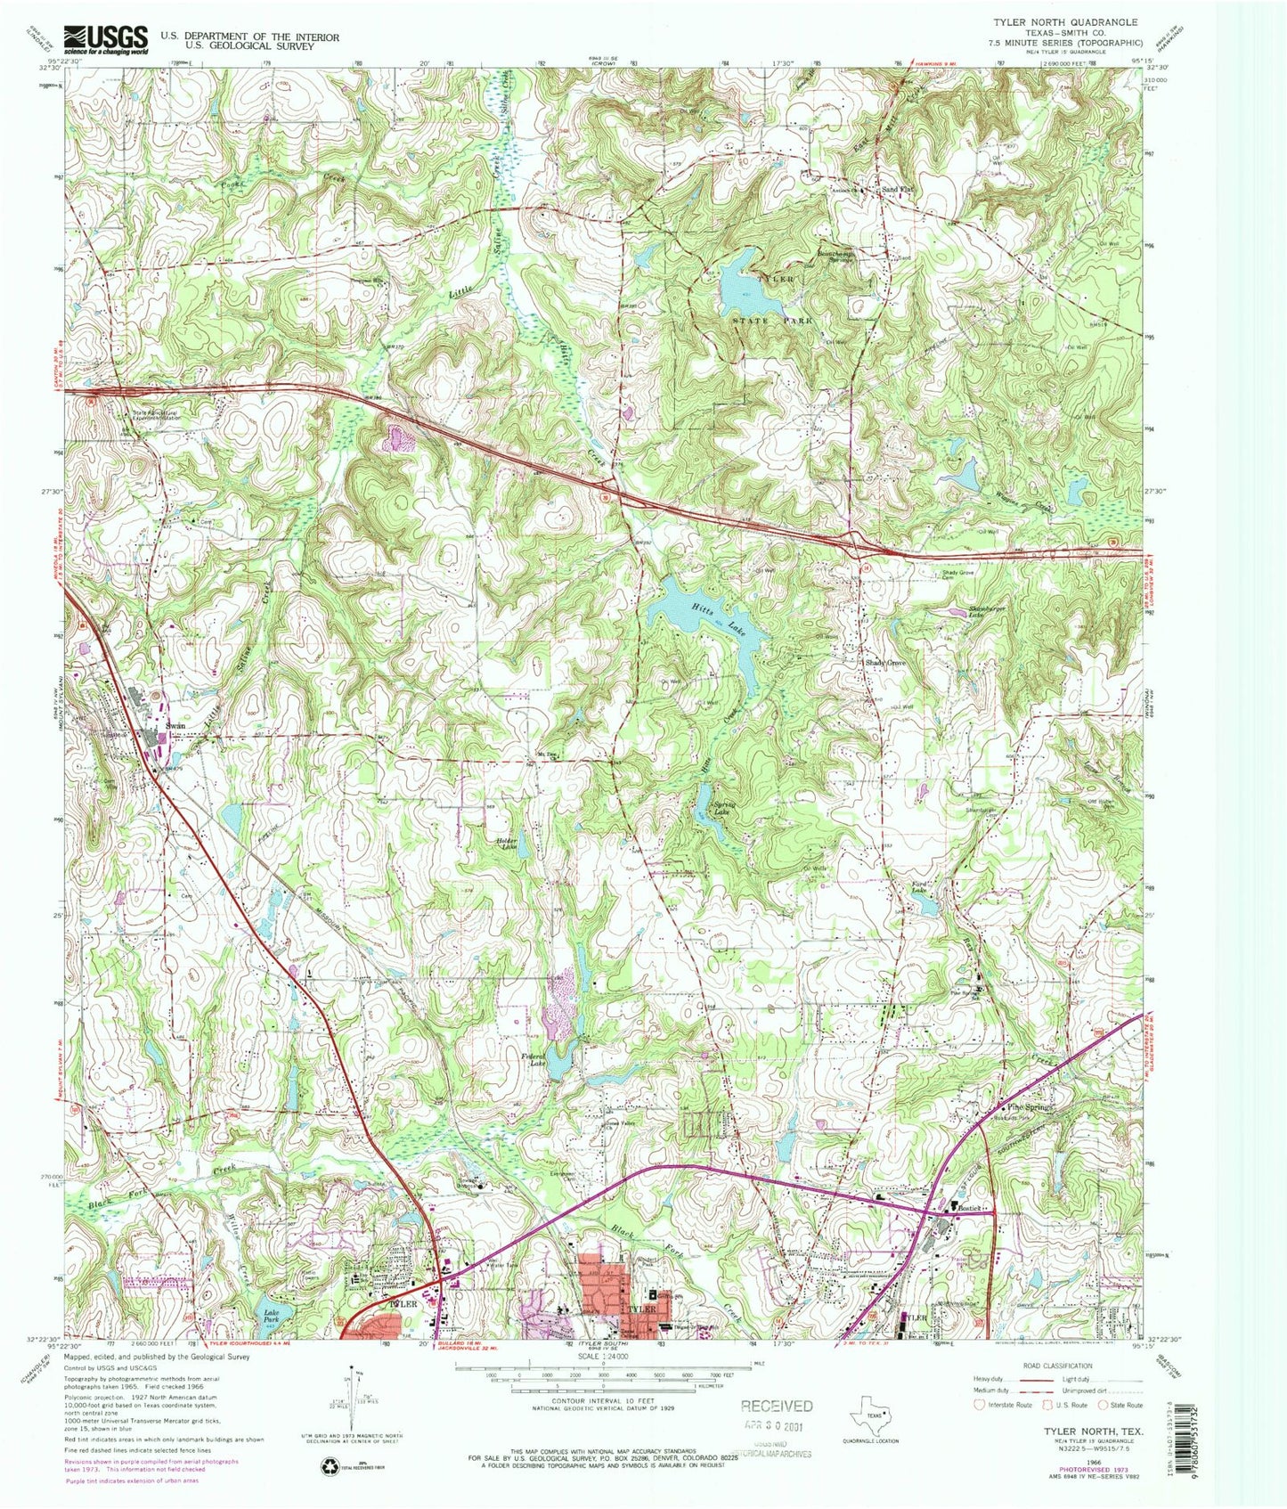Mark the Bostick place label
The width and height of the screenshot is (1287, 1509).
click(x=970, y=1206)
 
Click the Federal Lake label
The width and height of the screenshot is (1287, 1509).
click(x=534, y=1061)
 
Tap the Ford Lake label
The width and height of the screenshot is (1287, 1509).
click(x=919, y=887)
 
